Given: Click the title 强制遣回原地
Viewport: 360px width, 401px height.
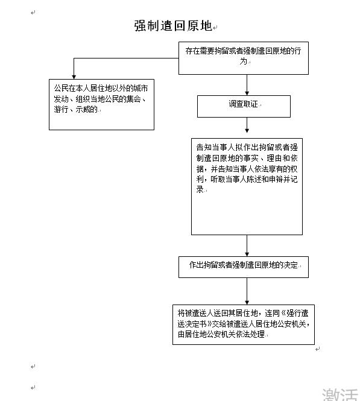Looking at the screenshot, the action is (173, 26).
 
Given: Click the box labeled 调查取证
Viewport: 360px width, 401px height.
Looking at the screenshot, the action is (244, 106).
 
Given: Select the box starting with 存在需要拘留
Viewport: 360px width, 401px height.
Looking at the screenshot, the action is (244, 58).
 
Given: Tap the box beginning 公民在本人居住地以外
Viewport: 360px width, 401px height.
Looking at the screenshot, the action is (101, 104).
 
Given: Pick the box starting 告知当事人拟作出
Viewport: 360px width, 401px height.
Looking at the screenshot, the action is (247, 187).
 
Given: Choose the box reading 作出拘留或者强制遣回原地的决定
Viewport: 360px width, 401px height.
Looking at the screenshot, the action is (244, 267).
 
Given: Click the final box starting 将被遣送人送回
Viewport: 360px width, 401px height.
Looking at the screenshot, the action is (244, 324).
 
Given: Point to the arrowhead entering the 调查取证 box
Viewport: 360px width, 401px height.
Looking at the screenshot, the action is (247, 93).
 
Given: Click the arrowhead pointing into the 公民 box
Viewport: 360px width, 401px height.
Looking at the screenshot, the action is (74, 77).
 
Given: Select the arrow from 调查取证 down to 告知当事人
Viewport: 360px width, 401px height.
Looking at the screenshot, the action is (247, 125).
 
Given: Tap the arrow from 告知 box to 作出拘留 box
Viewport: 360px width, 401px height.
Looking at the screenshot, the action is (247, 245).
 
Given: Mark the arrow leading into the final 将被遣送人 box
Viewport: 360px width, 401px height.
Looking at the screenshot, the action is (247, 291).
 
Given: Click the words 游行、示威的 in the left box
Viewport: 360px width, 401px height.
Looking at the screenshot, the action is (76, 110).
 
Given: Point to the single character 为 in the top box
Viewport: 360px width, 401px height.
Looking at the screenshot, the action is (244, 61).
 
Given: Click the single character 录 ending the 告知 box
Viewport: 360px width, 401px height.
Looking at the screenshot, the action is (200, 189).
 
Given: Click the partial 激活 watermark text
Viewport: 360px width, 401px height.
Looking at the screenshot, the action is (341, 394).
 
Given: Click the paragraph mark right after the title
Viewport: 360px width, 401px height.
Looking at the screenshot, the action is (215, 27).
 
